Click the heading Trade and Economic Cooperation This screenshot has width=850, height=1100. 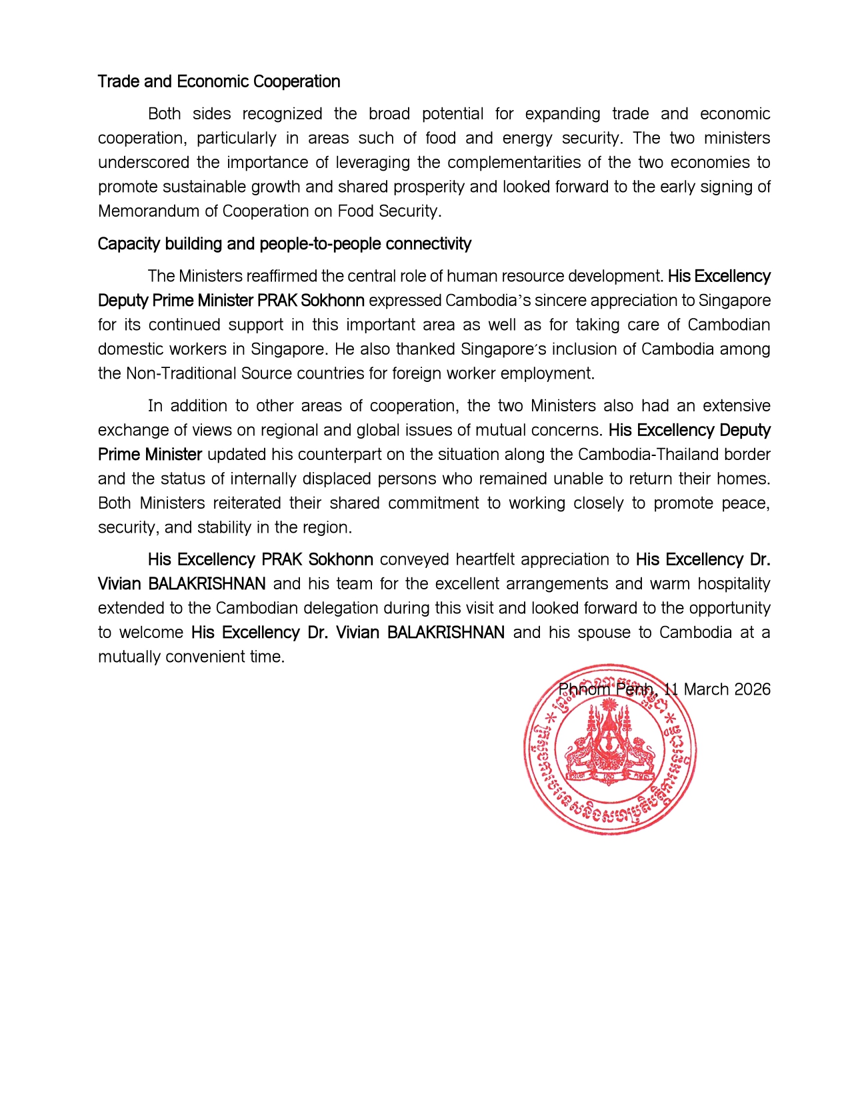[x=219, y=81]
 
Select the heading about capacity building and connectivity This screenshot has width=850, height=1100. [x=284, y=244]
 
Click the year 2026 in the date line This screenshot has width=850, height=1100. [x=752, y=689]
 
